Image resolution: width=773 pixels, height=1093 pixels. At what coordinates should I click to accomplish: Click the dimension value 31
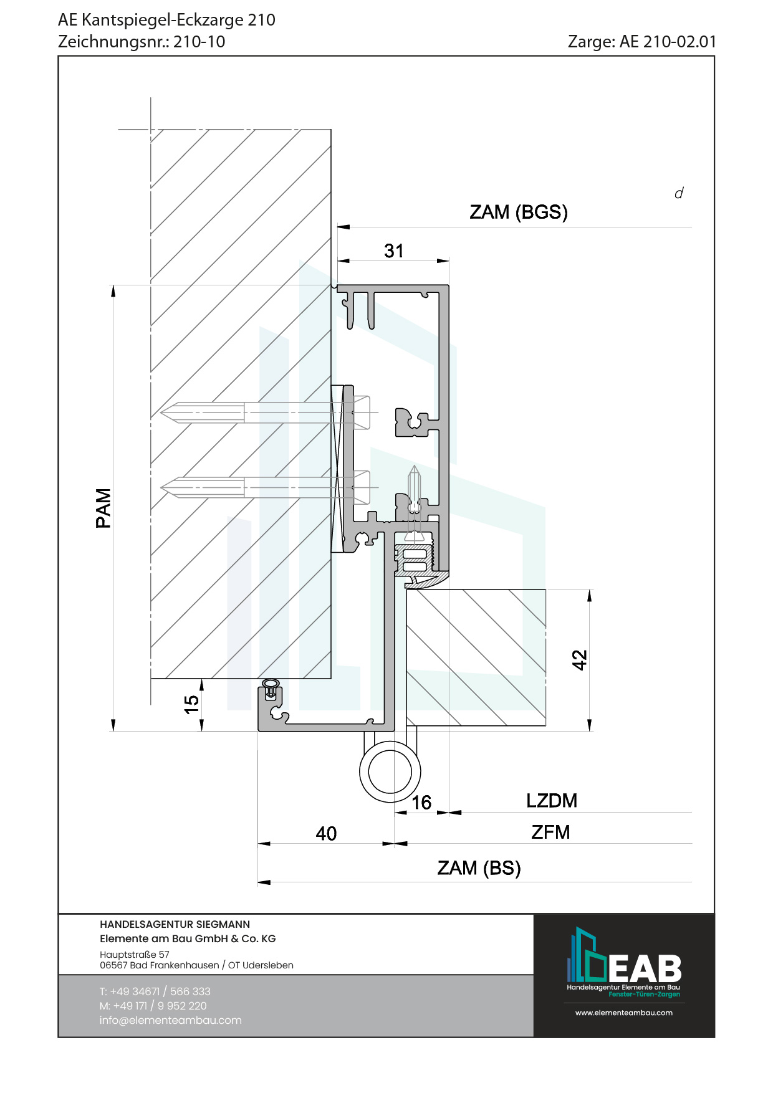click(394, 251)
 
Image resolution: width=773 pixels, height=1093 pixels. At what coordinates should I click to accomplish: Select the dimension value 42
click(580, 660)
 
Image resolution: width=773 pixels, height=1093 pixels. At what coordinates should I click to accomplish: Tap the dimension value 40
click(326, 833)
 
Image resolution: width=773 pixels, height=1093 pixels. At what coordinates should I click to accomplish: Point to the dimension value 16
click(421, 802)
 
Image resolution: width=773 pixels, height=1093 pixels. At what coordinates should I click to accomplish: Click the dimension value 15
click(191, 704)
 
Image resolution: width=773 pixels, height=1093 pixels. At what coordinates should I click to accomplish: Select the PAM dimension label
click(103, 508)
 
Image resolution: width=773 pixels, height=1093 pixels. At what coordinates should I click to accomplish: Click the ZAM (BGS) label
click(519, 212)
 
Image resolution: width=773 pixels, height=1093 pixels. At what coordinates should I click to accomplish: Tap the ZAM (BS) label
click(479, 867)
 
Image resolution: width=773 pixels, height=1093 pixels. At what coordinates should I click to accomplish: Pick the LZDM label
click(552, 800)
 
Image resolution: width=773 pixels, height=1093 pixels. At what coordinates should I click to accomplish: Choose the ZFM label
click(550, 832)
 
